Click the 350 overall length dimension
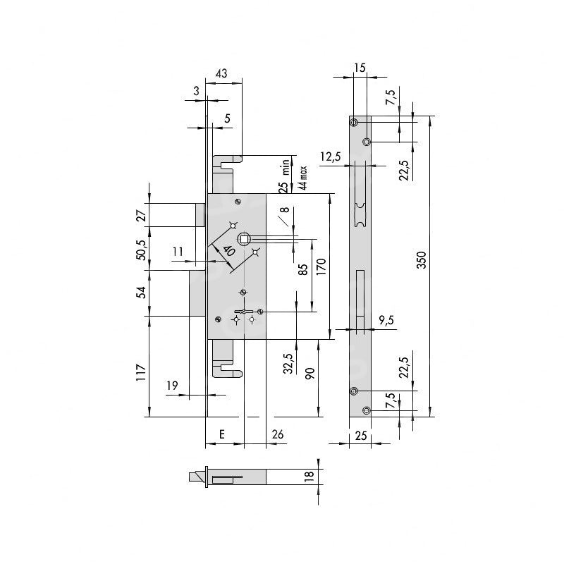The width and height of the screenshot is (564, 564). [x=421, y=259]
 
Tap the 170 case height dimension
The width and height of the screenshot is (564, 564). [x=321, y=266]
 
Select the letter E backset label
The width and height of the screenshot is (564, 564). [x=222, y=434]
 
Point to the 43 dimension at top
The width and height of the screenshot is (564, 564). [x=221, y=73]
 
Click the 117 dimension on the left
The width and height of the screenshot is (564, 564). [x=142, y=373]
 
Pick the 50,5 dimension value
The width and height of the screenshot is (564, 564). [x=142, y=250]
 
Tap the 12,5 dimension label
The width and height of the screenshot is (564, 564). [x=330, y=157]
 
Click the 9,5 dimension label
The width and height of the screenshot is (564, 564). [x=386, y=319]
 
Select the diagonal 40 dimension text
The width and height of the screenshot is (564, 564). [x=228, y=250]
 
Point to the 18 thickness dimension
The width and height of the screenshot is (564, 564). [x=309, y=477]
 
